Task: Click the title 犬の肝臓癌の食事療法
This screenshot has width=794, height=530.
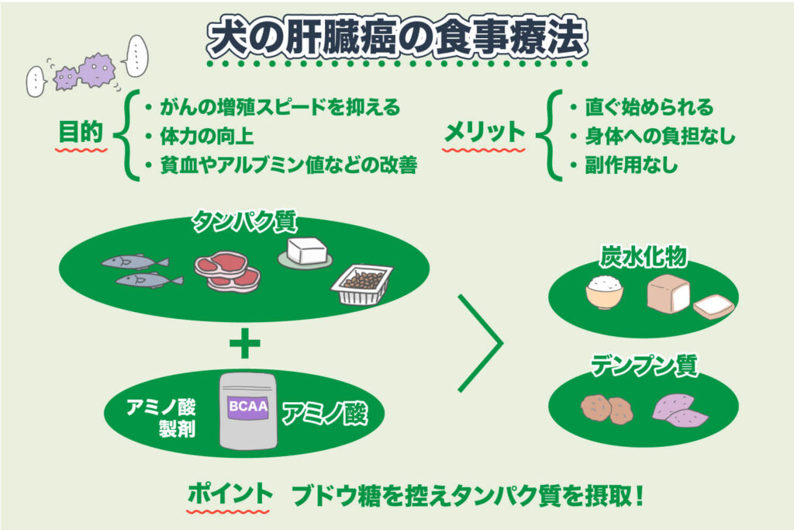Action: (397, 37)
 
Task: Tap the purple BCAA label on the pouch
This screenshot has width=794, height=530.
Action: (247, 407)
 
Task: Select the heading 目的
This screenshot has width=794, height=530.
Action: (81, 132)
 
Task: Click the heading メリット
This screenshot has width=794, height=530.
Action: (484, 132)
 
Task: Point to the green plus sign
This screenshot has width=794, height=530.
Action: (244, 343)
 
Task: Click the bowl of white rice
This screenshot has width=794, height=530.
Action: (605, 292)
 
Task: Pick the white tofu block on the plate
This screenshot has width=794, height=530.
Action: (306, 252)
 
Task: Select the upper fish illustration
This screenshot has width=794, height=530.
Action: (135, 262)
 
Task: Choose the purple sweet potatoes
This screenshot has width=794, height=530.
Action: (679, 410)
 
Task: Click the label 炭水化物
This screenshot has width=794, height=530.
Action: (643, 256)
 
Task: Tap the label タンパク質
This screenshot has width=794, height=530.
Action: (244, 221)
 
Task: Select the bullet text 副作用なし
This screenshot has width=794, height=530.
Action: (631, 165)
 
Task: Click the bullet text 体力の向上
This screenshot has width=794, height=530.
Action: (207, 137)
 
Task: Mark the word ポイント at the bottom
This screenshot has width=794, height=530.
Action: (230, 494)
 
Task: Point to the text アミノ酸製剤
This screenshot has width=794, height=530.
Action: (161, 417)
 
